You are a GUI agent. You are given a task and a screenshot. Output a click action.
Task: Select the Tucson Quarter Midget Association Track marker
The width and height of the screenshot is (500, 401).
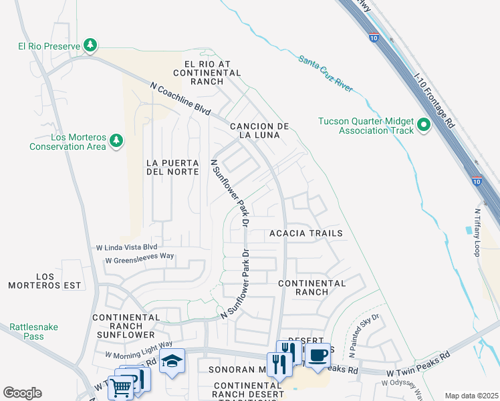(x=424, y=126)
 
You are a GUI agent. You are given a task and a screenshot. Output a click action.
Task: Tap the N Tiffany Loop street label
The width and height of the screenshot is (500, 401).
(x=477, y=233)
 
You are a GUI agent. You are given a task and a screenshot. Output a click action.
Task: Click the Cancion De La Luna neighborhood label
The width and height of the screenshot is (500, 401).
(x=259, y=130)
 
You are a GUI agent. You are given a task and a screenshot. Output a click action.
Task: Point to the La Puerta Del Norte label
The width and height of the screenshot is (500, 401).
(x=172, y=167)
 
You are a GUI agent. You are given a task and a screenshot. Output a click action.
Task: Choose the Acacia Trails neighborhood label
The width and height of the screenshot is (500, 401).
(x=305, y=233)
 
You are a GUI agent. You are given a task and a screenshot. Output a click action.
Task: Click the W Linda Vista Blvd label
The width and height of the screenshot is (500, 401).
(x=126, y=247)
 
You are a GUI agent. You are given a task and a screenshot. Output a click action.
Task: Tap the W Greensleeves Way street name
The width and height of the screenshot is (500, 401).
(x=139, y=257)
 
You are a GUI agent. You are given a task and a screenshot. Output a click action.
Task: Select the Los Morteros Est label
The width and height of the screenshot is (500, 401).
(x=44, y=281)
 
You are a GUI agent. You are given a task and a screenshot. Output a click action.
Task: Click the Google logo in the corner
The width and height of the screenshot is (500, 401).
(x=22, y=393)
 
